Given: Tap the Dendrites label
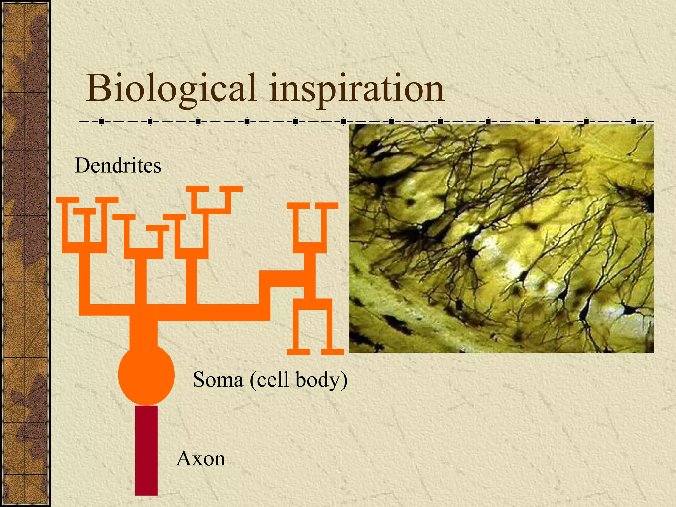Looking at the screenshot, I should pyautogui.click(x=118, y=165).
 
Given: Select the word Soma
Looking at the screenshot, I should pyautogui.click(x=218, y=380).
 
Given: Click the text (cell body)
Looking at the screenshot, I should pyautogui.click(x=298, y=380).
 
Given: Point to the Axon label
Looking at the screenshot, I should pyautogui.click(x=201, y=459).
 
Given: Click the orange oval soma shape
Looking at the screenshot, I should pyautogui.click(x=146, y=375).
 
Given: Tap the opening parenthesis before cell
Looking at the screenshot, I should pyautogui.click(x=253, y=380).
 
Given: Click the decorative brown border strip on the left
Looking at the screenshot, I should pyautogui.click(x=25, y=253).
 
